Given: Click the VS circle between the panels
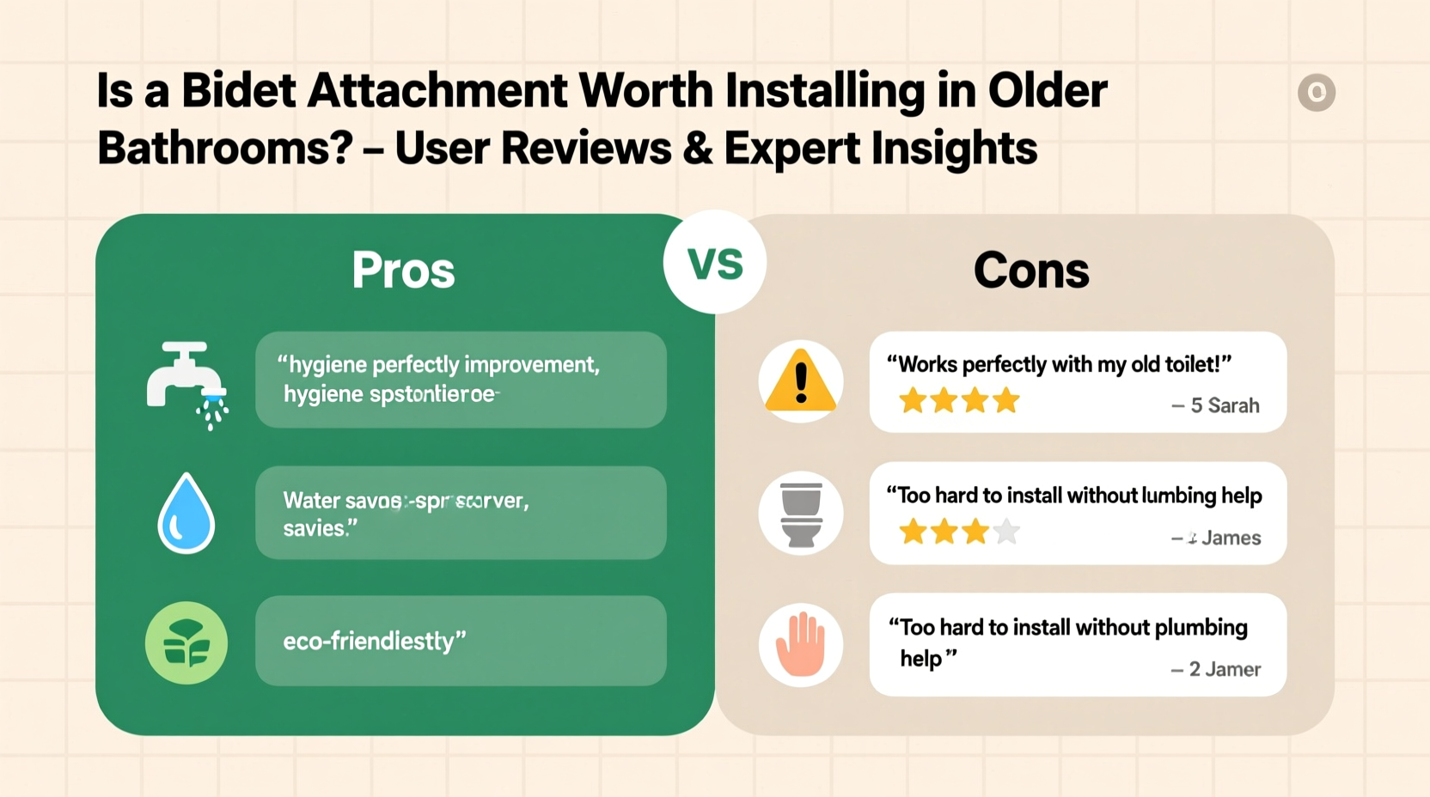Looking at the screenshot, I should point(714,263).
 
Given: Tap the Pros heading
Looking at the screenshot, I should point(403,271).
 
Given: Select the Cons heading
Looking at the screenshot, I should point(1031,271).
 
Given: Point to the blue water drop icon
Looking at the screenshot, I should point(186,513).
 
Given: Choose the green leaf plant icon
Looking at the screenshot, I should point(186,643).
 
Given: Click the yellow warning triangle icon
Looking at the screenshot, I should point(800,381).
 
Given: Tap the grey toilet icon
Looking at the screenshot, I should point(800,514).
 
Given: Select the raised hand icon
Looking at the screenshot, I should point(800,644).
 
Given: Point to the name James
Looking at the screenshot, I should point(1231,538).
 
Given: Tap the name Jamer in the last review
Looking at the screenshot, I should point(1235,669).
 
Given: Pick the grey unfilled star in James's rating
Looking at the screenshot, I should point(1006,532).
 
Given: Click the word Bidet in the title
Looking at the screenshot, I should point(239,90).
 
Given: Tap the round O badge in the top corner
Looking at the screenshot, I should point(1316,92).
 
